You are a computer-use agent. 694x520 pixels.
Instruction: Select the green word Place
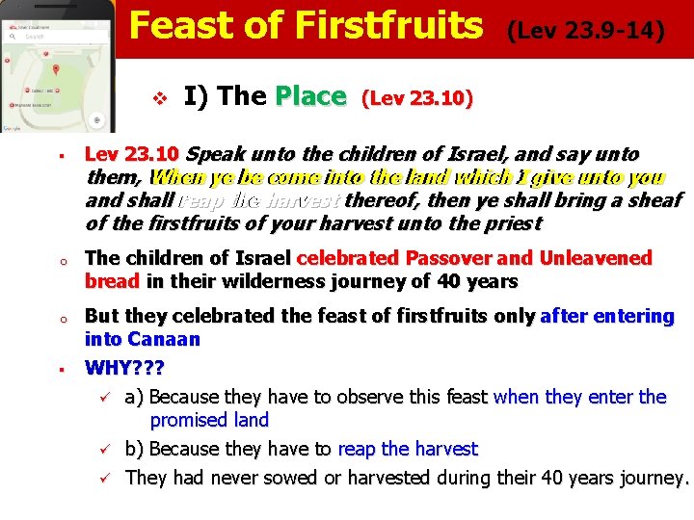[310, 96]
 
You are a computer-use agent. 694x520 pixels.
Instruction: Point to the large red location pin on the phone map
[55, 70]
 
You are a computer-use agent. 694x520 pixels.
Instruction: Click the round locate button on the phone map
[95, 120]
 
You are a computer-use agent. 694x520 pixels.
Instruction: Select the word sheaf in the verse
[654, 200]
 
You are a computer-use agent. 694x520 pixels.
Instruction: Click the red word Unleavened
[597, 258]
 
